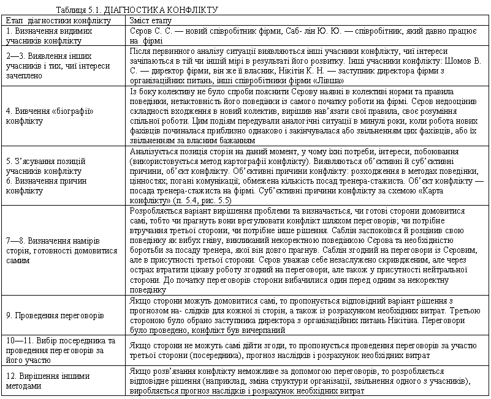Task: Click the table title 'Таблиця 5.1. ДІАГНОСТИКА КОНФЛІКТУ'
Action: [x=136, y=10]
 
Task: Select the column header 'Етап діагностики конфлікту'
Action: [x=58, y=20]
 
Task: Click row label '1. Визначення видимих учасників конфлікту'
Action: [x=43, y=35]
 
